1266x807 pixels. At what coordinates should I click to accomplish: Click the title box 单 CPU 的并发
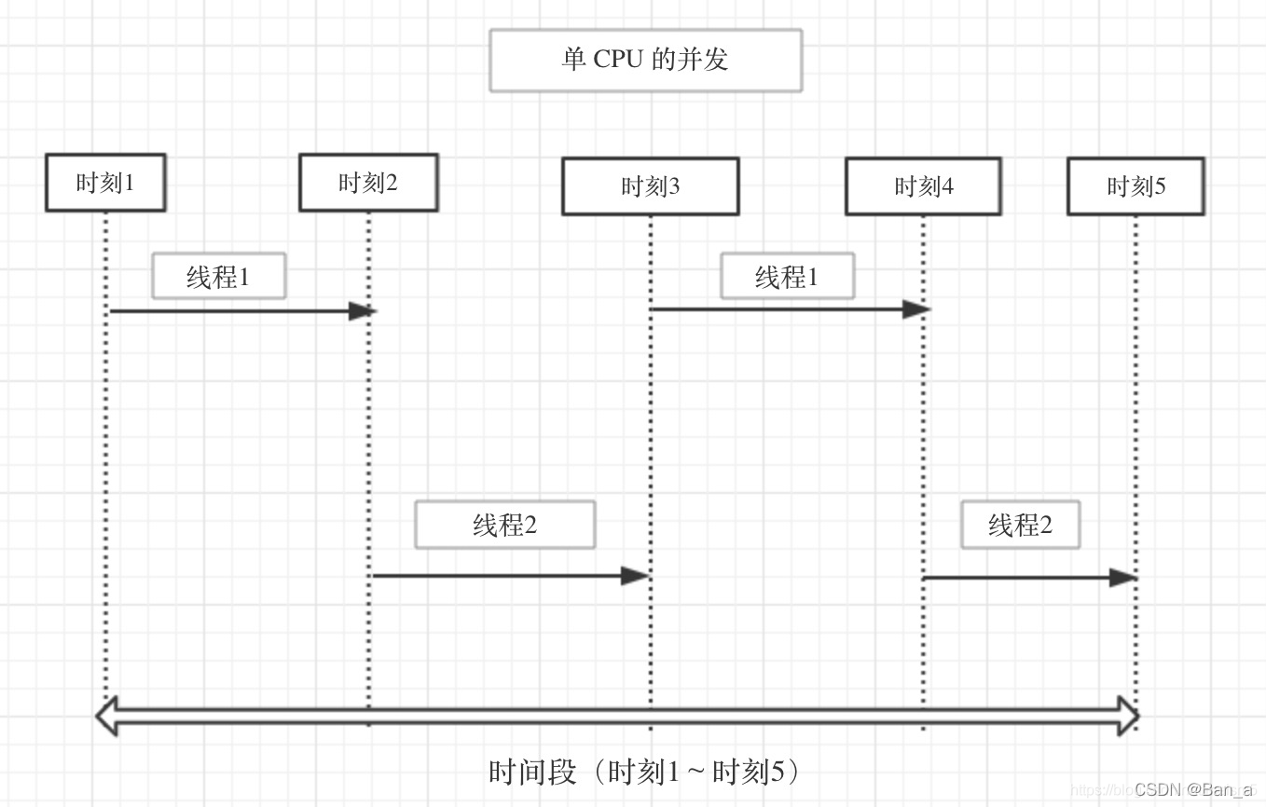645,61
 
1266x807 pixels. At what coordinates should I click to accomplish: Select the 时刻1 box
105,183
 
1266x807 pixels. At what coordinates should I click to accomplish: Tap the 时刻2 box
368,183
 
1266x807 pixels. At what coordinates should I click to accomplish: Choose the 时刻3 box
650,186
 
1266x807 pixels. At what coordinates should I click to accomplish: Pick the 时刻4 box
923,186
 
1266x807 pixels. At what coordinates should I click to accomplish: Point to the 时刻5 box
1135,186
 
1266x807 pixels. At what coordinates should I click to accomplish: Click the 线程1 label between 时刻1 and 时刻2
218,277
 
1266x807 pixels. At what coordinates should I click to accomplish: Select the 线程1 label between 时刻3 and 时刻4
787,277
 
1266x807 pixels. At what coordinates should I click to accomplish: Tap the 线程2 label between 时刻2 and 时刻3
504,526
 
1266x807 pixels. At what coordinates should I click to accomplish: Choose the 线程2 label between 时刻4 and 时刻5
1020,526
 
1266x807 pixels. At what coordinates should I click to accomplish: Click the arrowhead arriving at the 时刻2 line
362,311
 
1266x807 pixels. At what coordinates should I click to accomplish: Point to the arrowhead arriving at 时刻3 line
635,576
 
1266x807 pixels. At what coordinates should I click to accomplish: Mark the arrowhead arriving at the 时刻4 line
916,309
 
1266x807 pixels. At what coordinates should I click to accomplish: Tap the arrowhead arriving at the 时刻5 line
1123,578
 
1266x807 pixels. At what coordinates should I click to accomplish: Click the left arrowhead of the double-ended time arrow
108,716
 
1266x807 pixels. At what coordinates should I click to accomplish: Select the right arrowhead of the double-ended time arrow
1128,716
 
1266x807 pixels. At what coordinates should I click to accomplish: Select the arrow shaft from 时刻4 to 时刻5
1016,578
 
